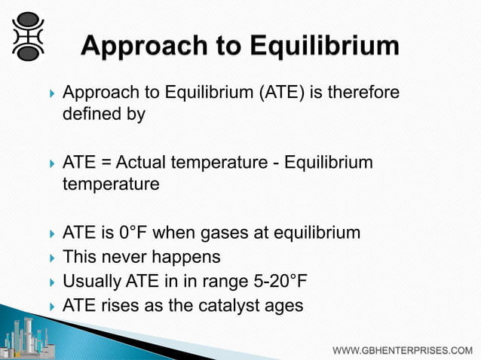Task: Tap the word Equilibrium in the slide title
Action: [x=328, y=47]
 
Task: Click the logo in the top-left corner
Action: [x=28, y=35]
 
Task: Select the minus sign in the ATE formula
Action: [x=276, y=163]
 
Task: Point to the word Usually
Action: [x=90, y=281]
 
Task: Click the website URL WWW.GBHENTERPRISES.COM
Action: [x=403, y=350]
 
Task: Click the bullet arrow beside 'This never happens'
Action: [x=51, y=258]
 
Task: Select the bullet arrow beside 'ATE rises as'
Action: [x=51, y=306]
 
